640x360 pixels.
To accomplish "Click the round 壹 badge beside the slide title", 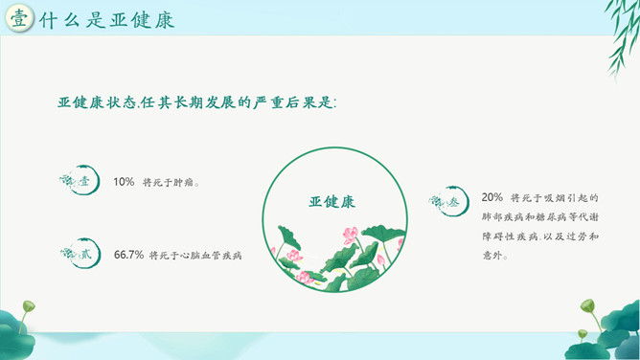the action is (x=19, y=18).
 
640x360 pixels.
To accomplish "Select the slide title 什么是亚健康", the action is (x=107, y=20).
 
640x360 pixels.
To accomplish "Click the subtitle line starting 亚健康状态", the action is (x=197, y=102).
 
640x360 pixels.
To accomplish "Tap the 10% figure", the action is (x=124, y=182).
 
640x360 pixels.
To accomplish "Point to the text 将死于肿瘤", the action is (x=171, y=182).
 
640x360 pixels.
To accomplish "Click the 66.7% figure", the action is (x=128, y=255).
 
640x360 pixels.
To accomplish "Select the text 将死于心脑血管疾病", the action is (x=195, y=256).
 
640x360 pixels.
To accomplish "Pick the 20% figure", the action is (x=492, y=197).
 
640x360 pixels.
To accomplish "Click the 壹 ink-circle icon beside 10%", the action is (x=80, y=180).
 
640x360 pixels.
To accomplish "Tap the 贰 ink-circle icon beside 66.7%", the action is (x=80, y=253).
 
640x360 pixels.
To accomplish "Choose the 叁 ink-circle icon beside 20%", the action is (x=449, y=201).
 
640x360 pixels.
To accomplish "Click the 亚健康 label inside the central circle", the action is (x=332, y=201).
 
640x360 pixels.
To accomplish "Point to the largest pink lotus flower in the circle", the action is (x=351, y=236).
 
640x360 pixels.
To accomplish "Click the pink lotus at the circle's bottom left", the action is (x=305, y=278).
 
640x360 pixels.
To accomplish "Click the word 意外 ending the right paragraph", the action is (x=492, y=256).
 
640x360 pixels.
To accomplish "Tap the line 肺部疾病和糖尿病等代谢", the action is (x=540, y=217).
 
